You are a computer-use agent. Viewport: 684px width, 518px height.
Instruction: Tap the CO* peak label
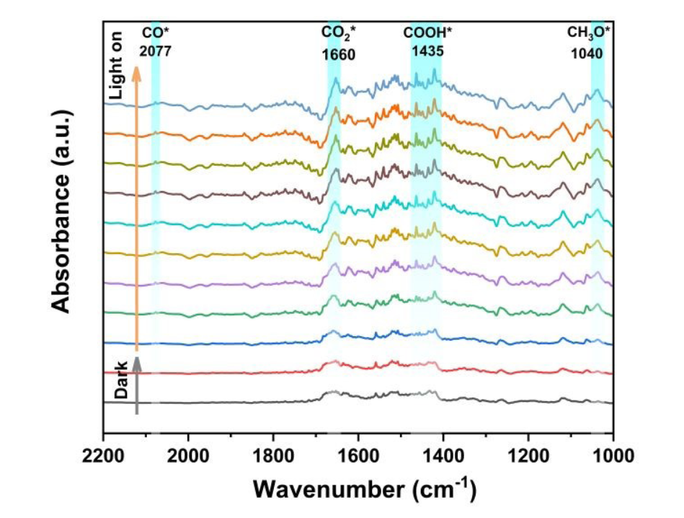tap(155, 32)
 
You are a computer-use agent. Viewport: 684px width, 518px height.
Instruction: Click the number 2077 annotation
tap(156, 52)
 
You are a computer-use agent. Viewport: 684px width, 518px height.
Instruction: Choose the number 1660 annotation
tap(337, 53)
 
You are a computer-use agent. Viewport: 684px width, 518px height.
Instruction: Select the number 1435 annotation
tap(427, 51)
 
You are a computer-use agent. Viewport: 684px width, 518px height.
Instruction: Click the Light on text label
tap(117, 66)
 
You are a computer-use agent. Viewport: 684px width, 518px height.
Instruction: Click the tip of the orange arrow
tap(136, 66)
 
